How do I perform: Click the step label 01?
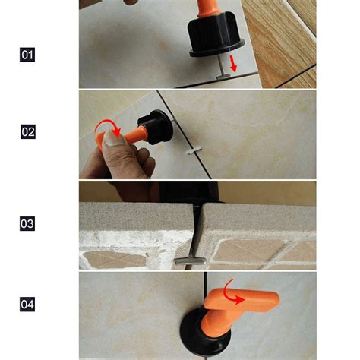27,55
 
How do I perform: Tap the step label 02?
27,131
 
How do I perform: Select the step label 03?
27,224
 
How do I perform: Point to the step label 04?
27,305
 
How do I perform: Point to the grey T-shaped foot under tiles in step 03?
187,260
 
